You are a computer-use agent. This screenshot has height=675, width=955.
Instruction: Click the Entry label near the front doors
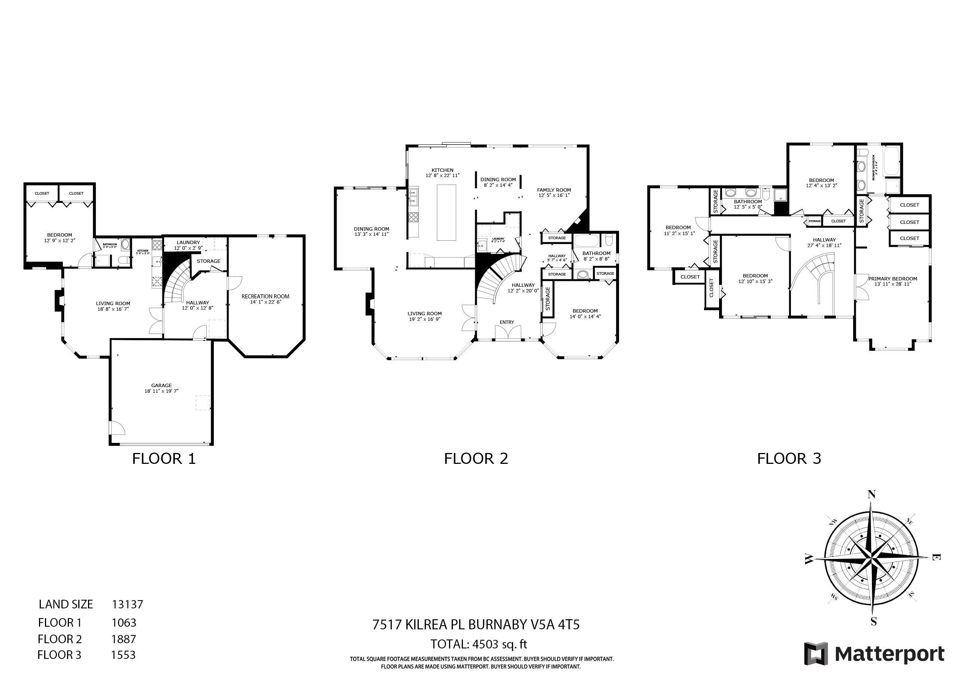[507, 322]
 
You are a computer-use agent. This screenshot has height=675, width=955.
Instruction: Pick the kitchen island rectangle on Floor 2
[446, 213]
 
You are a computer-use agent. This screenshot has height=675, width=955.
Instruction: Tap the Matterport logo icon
[816, 654]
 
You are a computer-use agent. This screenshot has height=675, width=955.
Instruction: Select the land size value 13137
[127, 604]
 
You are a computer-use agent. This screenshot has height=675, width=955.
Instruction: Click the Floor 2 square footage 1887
[124, 639]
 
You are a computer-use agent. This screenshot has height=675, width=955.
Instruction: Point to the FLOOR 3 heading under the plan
[789, 459]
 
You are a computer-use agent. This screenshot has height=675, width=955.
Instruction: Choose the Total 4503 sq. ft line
[479, 644]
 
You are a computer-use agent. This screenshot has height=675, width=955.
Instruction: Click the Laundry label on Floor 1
[188, 243]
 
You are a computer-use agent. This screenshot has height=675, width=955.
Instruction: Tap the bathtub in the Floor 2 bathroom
[586, 241]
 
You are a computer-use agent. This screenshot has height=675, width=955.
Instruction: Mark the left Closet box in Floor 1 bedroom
[42, 194]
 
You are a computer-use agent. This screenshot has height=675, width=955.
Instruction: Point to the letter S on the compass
[873, 622]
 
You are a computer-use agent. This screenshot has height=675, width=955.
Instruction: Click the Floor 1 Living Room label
[113, 304]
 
